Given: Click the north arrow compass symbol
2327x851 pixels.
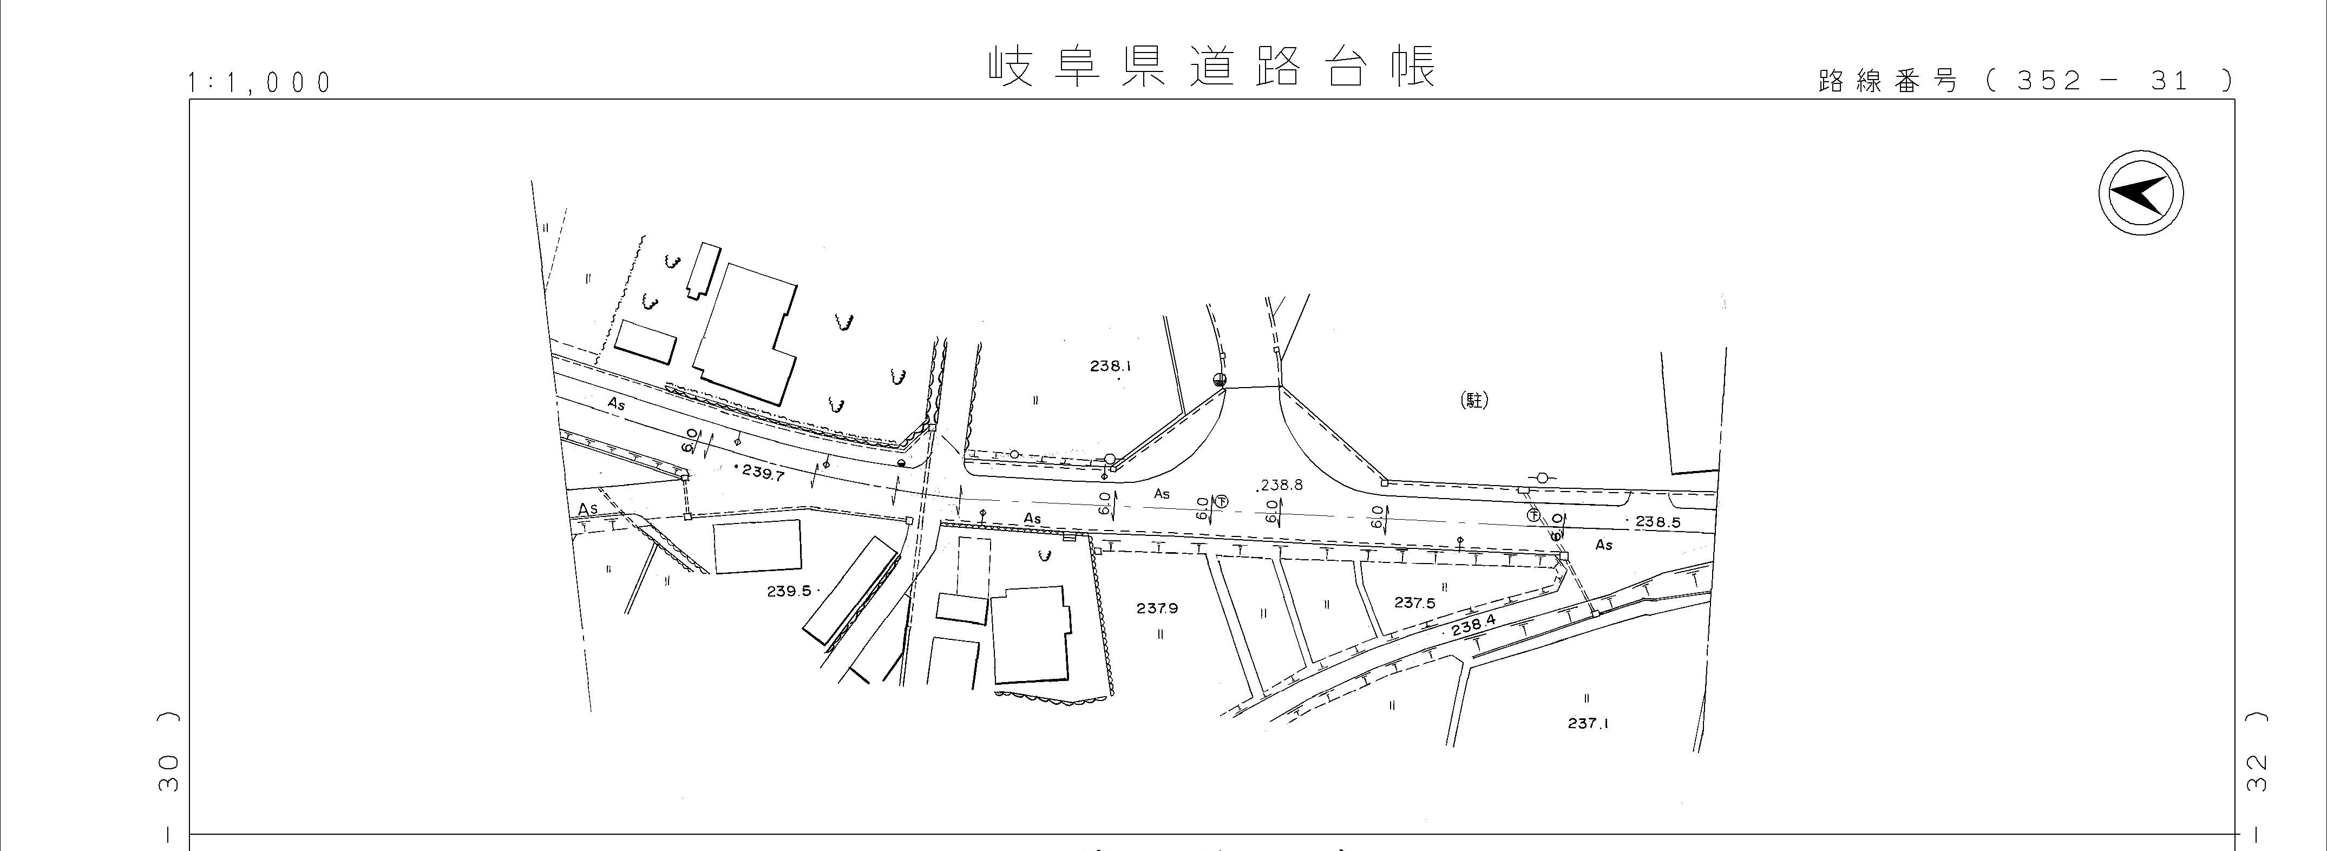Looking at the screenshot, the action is [2140, 194].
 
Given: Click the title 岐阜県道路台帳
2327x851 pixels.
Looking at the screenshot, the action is [1210, 66].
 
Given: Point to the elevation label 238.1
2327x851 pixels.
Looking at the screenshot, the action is [1110, 366].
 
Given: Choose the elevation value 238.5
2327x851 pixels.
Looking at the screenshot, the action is [1657, 521].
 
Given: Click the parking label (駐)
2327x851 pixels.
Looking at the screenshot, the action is [1474, 400].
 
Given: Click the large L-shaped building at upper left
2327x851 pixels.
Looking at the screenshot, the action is [746, 333].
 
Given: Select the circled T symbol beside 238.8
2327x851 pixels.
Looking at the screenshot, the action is [1221, 501].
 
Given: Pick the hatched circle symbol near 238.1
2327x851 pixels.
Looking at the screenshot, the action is [1220, 379].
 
